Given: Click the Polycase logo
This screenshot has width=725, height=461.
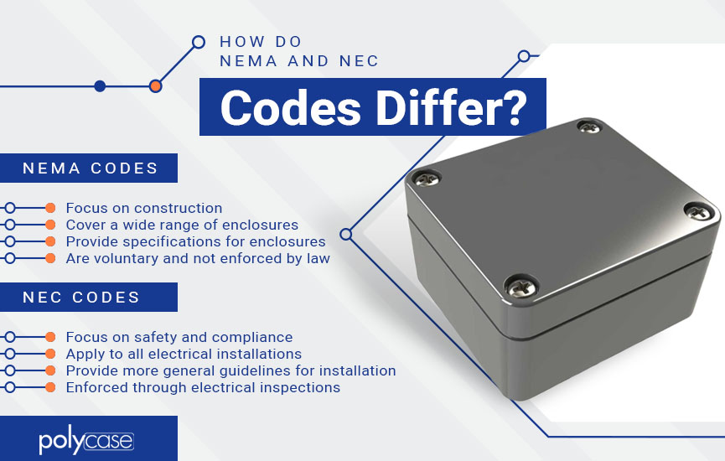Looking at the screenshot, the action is click(86, 442).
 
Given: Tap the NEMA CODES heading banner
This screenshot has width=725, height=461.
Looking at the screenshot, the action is click(89, 168).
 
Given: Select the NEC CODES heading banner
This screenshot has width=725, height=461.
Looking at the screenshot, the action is click(89, 297).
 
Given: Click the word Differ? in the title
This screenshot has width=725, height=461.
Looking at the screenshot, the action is click(452, 107).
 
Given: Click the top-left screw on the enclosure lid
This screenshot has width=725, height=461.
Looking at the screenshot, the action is click(426, 178).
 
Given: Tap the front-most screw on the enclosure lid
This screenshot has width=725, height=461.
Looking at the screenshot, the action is click(521, 286).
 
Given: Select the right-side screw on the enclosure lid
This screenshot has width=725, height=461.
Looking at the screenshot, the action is click(699, 211).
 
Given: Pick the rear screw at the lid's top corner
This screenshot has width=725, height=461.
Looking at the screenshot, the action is click(589, 127).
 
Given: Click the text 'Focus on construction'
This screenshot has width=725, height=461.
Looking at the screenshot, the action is click(144, 208).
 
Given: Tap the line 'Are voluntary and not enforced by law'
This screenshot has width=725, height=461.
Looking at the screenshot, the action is click(198, 258).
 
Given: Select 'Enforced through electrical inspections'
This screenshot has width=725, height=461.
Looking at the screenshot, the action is click(203, 387).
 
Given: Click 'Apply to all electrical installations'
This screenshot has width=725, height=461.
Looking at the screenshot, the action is click(184, 354).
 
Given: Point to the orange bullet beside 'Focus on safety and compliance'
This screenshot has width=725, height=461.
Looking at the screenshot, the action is click(50, 337).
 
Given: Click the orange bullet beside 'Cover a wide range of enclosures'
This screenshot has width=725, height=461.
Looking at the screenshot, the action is click(50, 225).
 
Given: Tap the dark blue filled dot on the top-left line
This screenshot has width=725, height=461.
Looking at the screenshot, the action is click(100, 86).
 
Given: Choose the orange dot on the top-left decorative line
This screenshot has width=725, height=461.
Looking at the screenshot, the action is click(156, 86).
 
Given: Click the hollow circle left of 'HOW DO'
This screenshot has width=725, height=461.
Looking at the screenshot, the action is click(199, 42).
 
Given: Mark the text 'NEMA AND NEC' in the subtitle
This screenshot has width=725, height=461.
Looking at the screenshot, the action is click(299, 61).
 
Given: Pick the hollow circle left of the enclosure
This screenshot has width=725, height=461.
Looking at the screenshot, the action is click(346, 235).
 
